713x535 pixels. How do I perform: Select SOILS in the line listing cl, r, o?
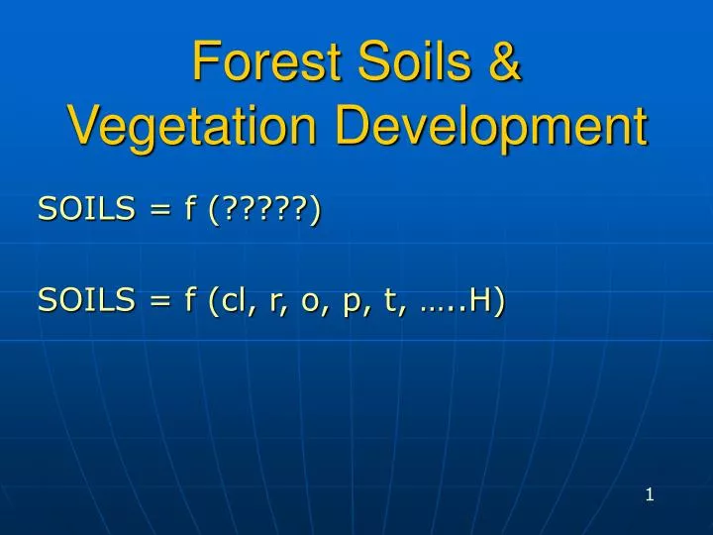[x=86, y=301]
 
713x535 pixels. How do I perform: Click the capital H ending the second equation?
[x=480, y=301]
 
